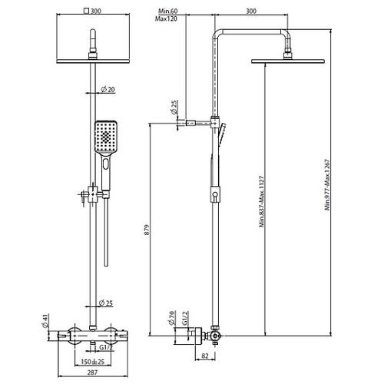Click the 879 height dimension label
147,230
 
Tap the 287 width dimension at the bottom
92,372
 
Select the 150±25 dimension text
93,362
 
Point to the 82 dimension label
205,356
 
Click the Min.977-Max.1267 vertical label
327,185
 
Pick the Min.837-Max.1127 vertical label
261,201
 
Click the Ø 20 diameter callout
108,90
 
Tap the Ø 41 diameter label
45,321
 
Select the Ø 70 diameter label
172,318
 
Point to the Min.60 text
168,11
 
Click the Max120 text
166,18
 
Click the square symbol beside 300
87,11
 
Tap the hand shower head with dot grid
106,137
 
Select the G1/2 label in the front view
106,347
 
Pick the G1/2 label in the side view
186,318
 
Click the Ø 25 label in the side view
174,108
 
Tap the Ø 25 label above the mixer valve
106,303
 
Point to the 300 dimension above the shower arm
251,11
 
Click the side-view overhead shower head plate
288,61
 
